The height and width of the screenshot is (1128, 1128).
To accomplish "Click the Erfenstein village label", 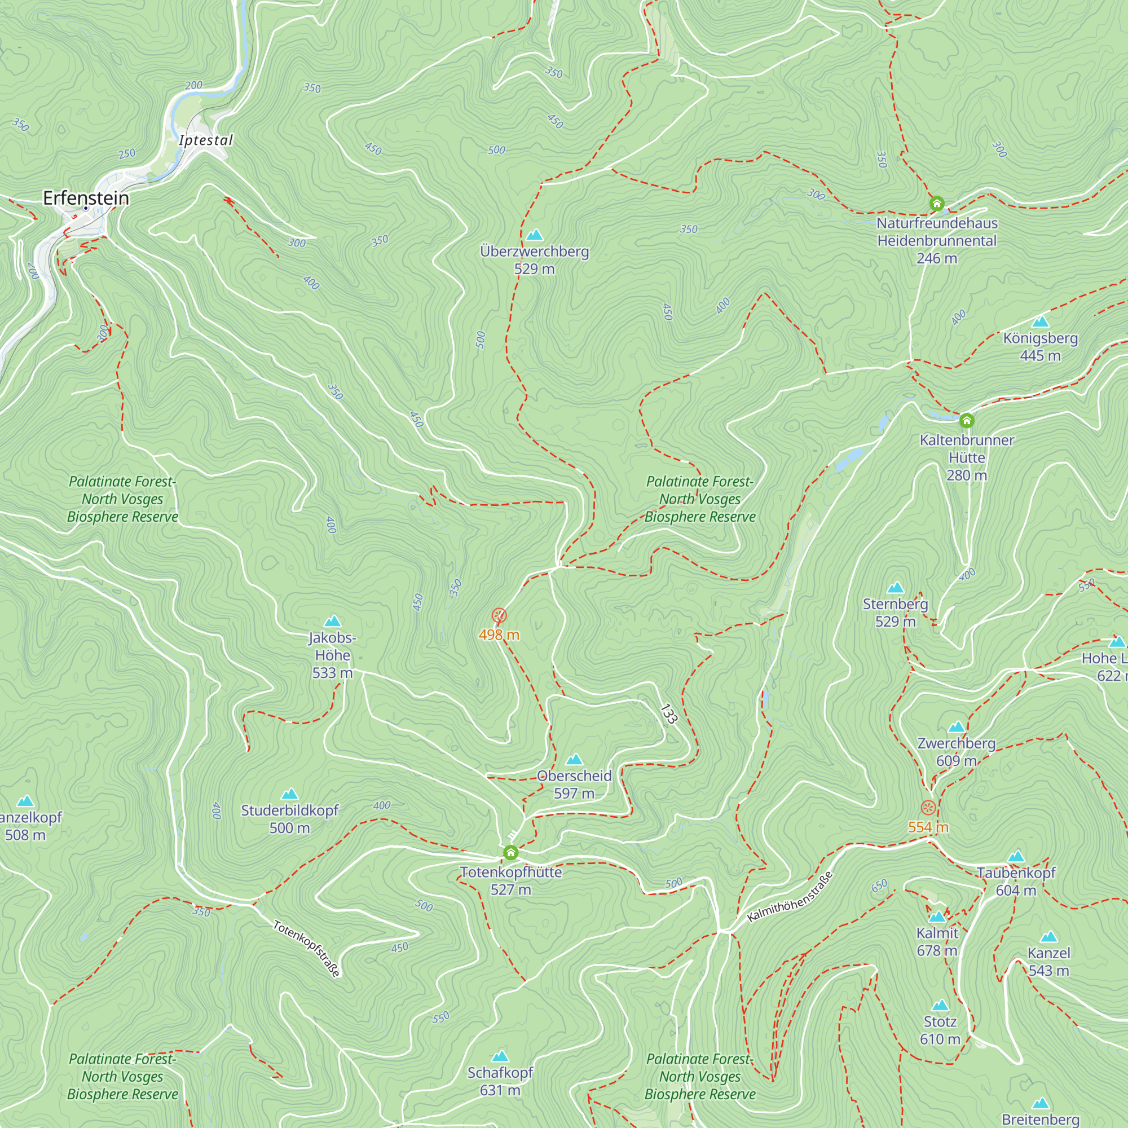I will (x=86, y=198).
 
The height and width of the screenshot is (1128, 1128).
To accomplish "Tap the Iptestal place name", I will (x=205, y=140).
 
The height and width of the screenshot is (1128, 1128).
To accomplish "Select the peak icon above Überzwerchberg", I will (x=534, y=235).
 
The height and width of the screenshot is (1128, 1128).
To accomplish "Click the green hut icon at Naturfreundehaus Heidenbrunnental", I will (x=936, y=204).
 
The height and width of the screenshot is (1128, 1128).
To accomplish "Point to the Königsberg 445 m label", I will (x=1040, y=346).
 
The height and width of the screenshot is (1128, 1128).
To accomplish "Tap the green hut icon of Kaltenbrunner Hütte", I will (x=966, y=420).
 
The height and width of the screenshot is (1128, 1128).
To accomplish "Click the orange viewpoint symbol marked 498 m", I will (x=499, y=615).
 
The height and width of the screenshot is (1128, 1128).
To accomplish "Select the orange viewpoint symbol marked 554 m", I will (x=928, y=808).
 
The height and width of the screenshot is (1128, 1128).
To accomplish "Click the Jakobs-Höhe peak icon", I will (x=332, y=621).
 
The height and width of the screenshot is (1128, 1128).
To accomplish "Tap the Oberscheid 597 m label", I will (x=574, y=784).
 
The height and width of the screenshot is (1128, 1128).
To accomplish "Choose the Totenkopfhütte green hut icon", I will (x=510, y=853).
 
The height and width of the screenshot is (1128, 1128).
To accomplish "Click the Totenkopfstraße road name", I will (x=306, y=948).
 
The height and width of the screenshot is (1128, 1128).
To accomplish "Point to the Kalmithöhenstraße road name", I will (x=790, y=897).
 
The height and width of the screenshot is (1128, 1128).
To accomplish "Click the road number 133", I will (x=668, y=713).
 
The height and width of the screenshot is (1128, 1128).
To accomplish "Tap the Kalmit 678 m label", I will (x=936, y=942).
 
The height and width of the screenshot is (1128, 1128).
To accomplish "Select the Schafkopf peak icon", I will (x=500, y=1056).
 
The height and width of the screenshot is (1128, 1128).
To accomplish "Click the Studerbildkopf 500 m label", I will (x=289, y=818).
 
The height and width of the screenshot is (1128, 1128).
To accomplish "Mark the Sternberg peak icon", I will (x=895, y=588).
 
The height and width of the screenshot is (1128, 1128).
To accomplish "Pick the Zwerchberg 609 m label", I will (x=956, y=751).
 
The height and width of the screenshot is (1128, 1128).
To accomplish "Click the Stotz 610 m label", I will (x=940, y=1030).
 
